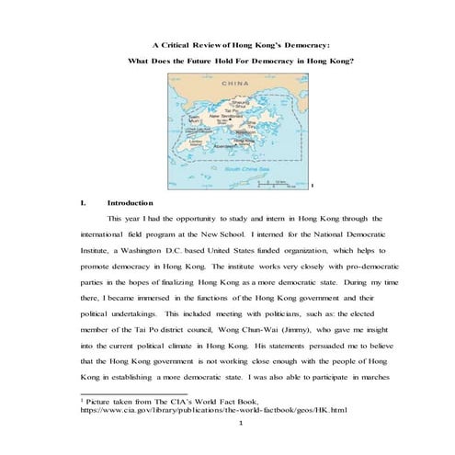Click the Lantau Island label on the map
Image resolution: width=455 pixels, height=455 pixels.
(199, 142)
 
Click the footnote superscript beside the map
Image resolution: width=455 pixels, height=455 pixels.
(313, 187)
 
